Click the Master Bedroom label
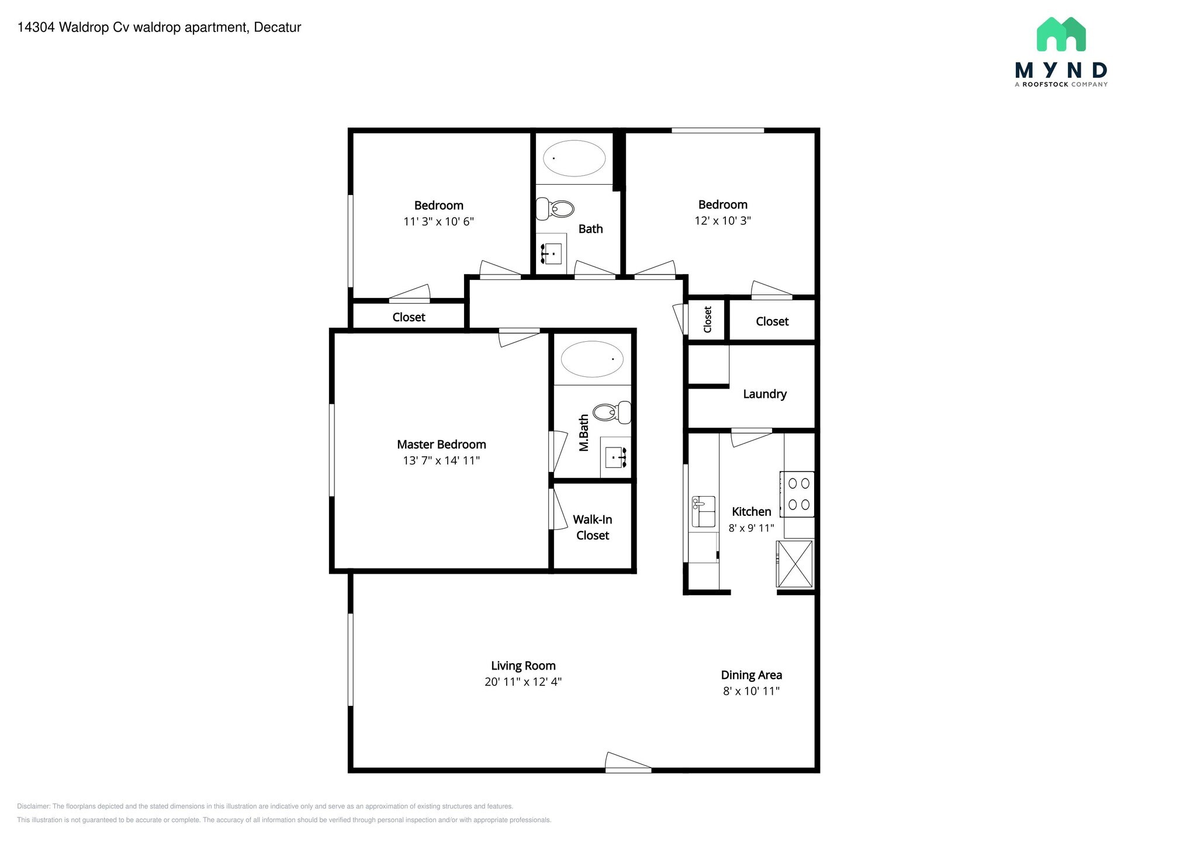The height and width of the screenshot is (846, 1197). click(441, 445)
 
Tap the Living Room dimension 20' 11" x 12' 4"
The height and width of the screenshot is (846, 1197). click(523, 682)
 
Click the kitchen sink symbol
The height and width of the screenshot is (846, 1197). click(704, 511)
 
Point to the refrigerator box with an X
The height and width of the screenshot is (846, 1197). click(795, 564)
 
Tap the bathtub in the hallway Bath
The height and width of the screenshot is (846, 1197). click(574, 158)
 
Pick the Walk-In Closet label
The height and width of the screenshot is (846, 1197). click(592, 528)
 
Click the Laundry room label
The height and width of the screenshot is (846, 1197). click(764, 394)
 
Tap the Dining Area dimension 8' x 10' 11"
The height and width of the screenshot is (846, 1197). click(751, 691)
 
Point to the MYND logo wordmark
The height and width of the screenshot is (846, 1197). click(1061, 71)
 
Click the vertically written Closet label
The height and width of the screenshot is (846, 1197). click(707, 320)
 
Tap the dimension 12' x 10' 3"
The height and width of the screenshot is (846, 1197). click(722, 221)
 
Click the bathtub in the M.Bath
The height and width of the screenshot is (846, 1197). click(592, 359)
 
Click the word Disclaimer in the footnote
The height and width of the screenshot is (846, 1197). click(33, 806)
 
